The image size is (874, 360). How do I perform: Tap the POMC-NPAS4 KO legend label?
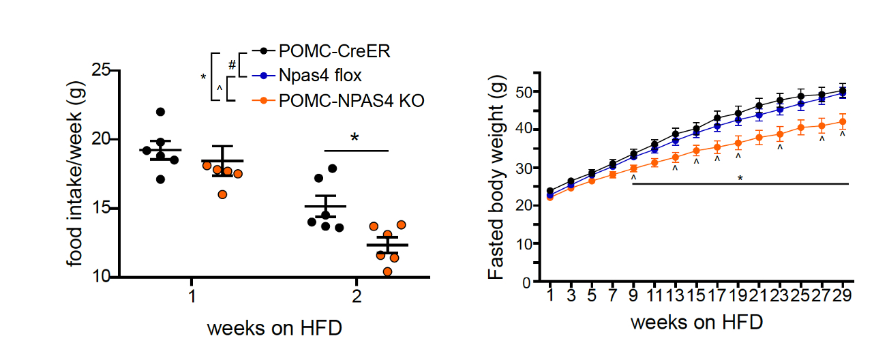[x=352, y=100]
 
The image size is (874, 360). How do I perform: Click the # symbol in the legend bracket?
[x=232, y=65]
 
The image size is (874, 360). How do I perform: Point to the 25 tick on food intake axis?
[x=102, y=70]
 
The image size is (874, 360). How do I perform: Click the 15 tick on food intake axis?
[x=102, y=208]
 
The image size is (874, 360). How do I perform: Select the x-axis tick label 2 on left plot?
[x=356, y=298]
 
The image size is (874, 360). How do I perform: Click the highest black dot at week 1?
[x=160, y=112]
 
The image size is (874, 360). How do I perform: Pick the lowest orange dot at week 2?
[x=387, y=271]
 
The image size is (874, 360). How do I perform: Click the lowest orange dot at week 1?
[x=222, y=194]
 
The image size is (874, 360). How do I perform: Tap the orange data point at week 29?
[x=843, y=122]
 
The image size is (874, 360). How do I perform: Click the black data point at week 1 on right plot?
[x=550, y=191]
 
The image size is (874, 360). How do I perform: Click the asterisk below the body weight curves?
[x=740, y=179]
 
